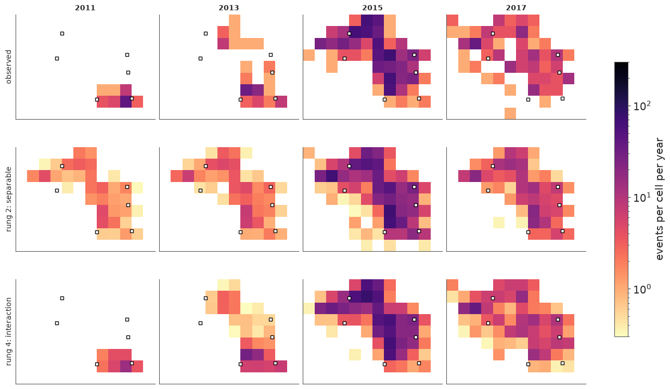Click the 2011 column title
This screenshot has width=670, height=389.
pyautogui.click(x=85, y=7)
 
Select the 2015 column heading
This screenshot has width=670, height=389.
pyautogui.click(x=372, y=7)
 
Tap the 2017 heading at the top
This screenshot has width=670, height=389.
pyautogui.click(x=516, y=7)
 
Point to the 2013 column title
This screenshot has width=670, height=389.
pyautogui.click(x=229, y=7)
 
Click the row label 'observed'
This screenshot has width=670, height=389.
pyautogui.click(x=8, y=67)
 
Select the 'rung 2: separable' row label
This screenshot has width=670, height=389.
pyautogui.click(x=8, y=199)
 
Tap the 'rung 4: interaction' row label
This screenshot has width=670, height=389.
pyautogui.click(x=8, y=331)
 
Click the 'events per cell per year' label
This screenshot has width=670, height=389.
pyautogui.click(x=659, y=199)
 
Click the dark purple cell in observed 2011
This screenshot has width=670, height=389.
pyautogui.click(x=126, y=101)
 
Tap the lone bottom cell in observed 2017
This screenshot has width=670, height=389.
pyautogui.click(x=510, y=113)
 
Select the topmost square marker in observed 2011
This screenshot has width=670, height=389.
pyautogui.click(x=62, y=33)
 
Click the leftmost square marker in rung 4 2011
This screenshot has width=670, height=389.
pyautogui.click(x=57, y=323)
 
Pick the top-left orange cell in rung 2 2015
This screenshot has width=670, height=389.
pyautogui.click(x=308, y=153)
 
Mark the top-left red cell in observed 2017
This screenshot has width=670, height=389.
pyautogui.click(x=452, y=20)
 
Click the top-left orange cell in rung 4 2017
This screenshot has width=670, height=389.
pyautogui.click(x=452, y=285)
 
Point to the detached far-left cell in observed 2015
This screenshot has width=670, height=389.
pyautogui.click(x=308, y=55)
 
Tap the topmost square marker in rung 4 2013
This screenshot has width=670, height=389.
pyautogui.click(x=206, y=298)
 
